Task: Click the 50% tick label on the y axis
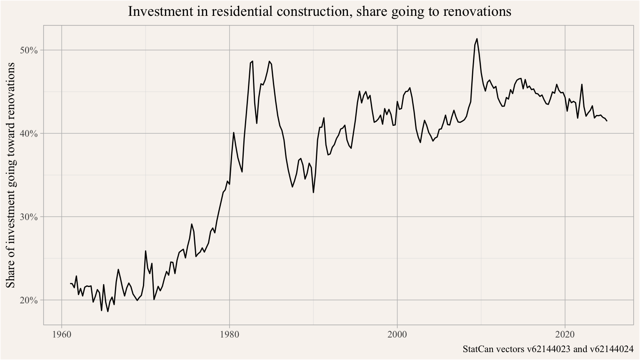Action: coord(29,50)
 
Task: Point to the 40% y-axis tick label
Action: coord(29,134)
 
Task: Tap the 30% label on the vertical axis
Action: coord(29,217)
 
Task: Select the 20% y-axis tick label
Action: coord(29,300)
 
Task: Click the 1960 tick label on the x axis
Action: coord(62,335)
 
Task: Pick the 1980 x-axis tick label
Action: coord(230,335)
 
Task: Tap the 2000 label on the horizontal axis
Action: coord(397,335)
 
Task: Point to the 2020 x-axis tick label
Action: coord(565,335)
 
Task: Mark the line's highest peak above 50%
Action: coord(477,39)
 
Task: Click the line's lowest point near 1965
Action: coord(107,312)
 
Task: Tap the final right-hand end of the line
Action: coord(607,121)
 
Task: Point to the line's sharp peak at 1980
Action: coord(234,132)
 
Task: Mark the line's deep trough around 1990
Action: coord(313,192)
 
